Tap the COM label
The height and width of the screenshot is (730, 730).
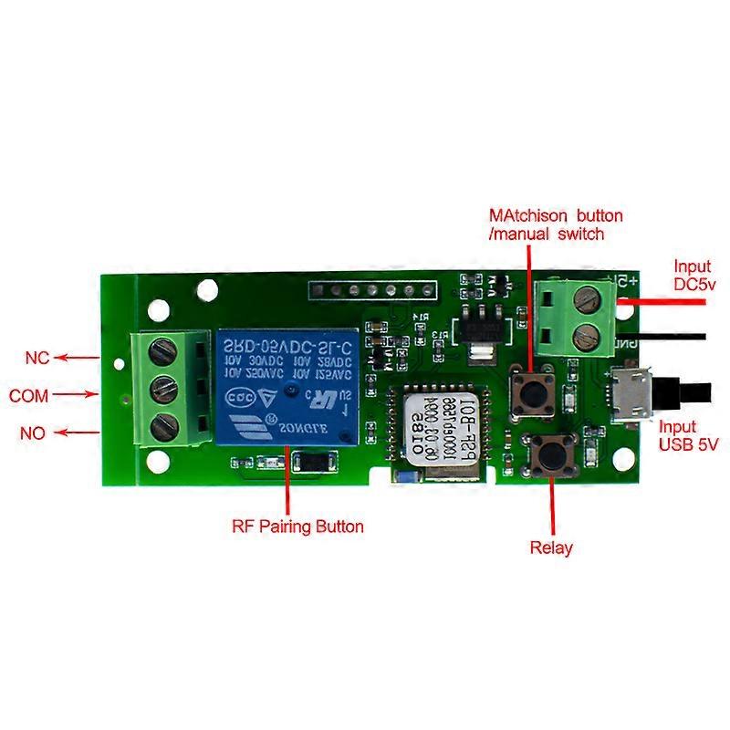[x=28, y=397]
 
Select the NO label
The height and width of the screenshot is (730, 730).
[x=33, y=432]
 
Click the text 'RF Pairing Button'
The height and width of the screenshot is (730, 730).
[x=297, y=527]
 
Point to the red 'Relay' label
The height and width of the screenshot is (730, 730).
[x=551, y=547]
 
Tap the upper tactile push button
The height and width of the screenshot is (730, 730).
[x=528, y=390]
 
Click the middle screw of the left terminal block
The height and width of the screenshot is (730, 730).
[x=162, y=387]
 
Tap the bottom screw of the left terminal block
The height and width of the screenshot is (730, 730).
[x=162, y=424]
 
